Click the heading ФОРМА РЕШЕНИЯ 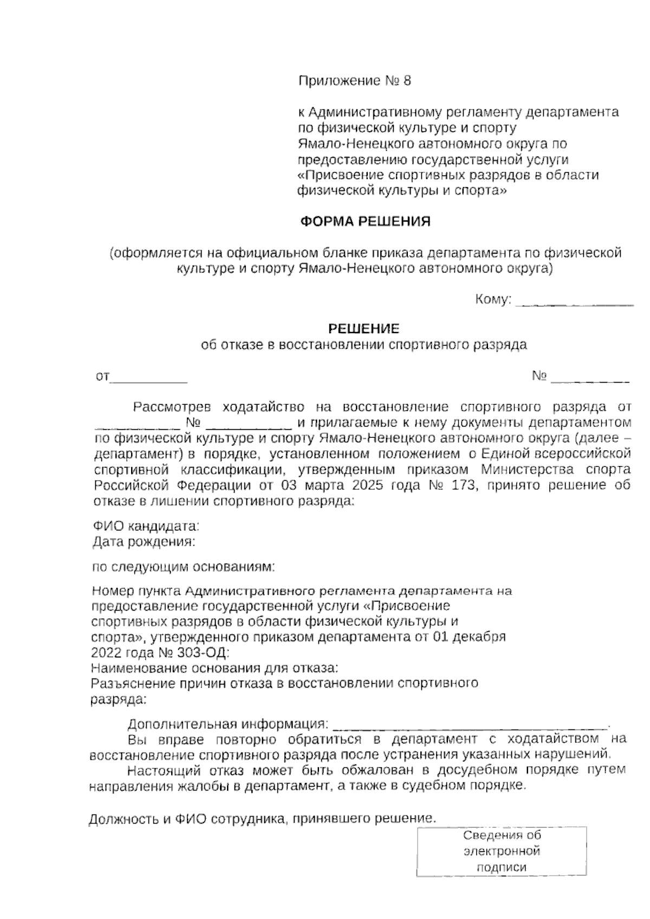pos(366,222)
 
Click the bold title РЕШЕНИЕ pos(364,328)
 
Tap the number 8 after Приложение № pos(407,81)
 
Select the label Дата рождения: pos(144,541)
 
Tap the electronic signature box pos(502,851)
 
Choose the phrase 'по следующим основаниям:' pos(184,567)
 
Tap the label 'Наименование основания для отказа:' pos(215,667)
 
